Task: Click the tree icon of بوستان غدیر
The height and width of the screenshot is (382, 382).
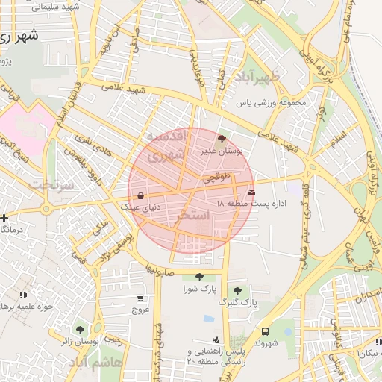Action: (220, 139)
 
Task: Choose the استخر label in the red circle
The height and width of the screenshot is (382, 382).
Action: (191, 216)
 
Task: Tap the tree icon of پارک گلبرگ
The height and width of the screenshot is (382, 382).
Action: (237, 291)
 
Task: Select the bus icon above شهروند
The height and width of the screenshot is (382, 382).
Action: (265, 328)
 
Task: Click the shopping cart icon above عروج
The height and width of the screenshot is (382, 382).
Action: (141, 296)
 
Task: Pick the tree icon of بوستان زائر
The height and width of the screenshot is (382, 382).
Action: (80, 329)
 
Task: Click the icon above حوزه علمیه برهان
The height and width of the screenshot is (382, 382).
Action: (23, 295)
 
